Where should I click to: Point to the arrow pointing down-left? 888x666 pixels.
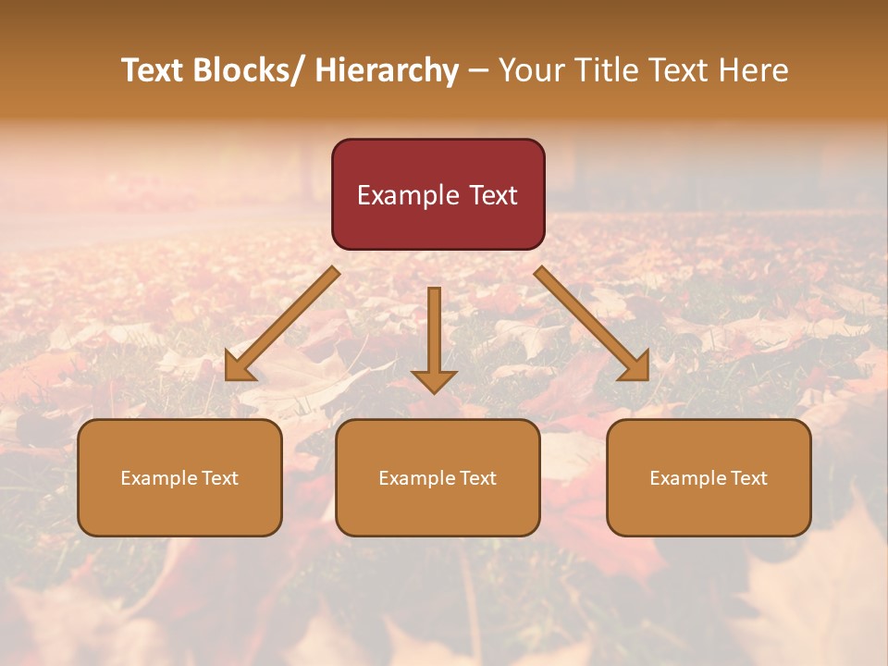tap(282, 324)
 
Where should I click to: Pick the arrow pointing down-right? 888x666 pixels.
tap(592, 324)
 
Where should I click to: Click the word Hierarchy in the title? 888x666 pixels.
tap(387, 70)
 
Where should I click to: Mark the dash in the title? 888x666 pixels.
tap(478, 70)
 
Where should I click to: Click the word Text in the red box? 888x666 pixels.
tap(492, 195)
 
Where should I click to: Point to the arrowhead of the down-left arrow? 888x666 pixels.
tap(237, 369)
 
